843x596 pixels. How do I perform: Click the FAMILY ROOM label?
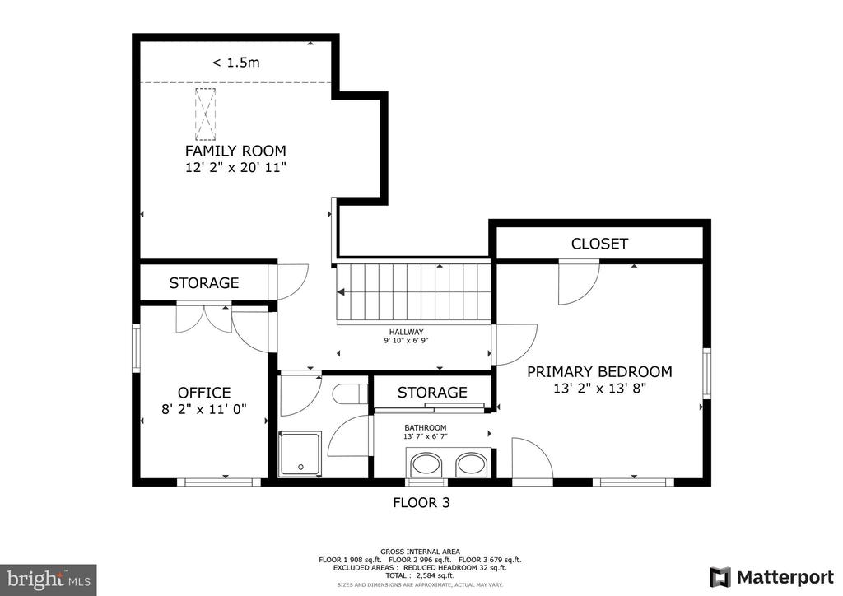235,151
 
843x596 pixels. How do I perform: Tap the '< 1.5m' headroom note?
235,63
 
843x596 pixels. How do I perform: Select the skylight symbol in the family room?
205,114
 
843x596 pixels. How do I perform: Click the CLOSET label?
599,244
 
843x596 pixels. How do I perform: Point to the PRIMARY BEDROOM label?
599,372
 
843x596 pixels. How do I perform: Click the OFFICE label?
204,393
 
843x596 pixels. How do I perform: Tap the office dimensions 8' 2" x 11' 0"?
204,409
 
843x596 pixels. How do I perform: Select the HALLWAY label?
407,332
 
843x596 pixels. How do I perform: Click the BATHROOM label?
426,428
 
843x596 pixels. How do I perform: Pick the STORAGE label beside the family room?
204,282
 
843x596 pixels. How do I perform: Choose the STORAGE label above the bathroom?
432,393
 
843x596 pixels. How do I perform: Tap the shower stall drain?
300,467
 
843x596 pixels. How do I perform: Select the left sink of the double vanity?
426,465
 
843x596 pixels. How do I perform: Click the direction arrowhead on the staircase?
341,291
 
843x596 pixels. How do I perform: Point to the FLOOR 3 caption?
421,503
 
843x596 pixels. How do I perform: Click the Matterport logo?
772,577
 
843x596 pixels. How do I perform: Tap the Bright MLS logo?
49,580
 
